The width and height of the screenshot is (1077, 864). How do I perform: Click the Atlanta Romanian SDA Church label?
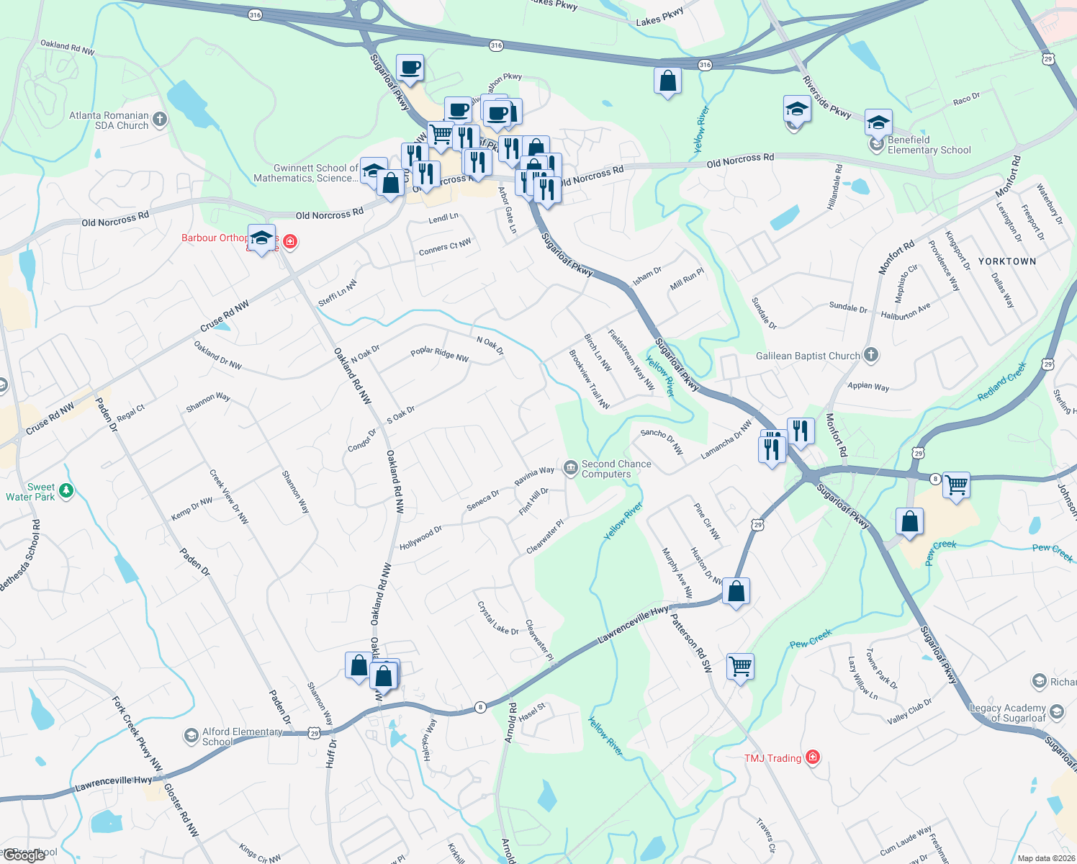coord(109,120)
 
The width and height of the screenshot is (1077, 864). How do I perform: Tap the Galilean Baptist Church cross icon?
coord(871,354)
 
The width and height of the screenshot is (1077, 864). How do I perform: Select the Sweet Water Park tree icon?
coord(66,491)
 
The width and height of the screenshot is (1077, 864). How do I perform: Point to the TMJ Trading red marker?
coord(813,757)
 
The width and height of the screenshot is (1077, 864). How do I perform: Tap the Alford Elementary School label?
coord(242,737)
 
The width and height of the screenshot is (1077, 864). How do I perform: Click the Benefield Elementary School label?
coord(929,145)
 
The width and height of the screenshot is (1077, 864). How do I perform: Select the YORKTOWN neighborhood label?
coord(1007,261)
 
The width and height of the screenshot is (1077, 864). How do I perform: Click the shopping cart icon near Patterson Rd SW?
coord(740,666)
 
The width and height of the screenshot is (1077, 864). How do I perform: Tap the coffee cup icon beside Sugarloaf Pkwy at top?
coord(410,68)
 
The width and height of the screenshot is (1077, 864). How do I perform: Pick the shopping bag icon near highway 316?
coord(667,81)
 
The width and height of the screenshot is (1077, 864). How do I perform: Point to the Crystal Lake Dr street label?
coord(498,618)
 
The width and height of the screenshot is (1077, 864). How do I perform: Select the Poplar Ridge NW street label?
coord(439,354)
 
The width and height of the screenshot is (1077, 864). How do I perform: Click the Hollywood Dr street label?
coord(420,538)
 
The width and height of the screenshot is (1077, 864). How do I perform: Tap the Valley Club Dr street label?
coord(909,711)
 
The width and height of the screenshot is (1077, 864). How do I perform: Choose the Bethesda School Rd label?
coord(21,556)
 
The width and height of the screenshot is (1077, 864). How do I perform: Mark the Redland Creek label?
coord(1001,382)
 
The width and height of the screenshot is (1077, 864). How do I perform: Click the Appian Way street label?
coord(868,386)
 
